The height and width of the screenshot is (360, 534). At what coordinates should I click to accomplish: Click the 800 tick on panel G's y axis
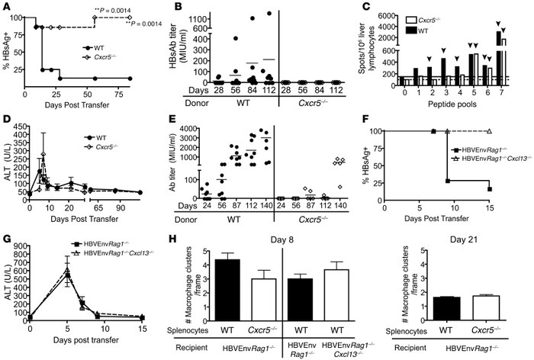coord(19,246)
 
